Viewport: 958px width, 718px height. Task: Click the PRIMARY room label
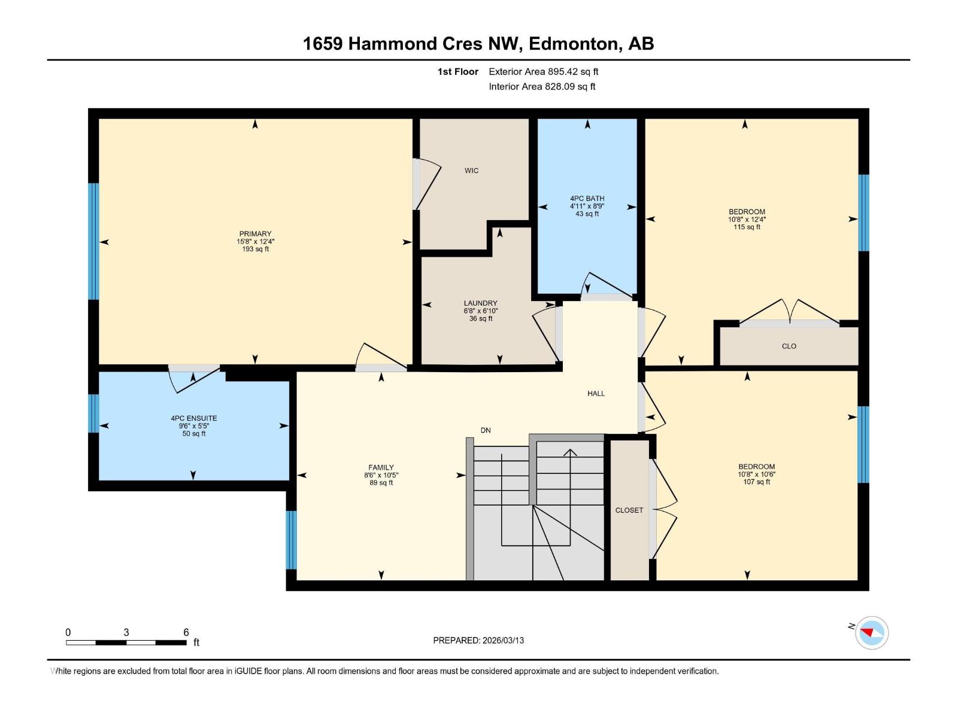pos(255,234)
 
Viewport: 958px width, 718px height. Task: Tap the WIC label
pos(471,171)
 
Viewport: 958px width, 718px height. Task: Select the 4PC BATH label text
pos(587,199)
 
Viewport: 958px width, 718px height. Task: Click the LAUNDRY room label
pos(480,303)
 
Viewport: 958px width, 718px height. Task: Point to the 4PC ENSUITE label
pos(193,418)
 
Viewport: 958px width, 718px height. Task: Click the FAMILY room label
pos(381,468)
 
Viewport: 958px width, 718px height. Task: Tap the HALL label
pos(596,394)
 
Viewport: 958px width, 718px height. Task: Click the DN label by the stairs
pos(486,430)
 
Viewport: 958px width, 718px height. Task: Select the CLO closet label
pos(789,346)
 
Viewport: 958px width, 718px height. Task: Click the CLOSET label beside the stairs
pos(629,510)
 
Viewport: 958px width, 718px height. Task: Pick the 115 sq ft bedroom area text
pos(747,227)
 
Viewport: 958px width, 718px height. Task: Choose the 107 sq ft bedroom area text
pos(756,482)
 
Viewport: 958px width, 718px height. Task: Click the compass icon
pos(871,632)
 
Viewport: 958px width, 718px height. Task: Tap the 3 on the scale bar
pos(126,632)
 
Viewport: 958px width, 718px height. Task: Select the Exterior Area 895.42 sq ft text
pos(543,72)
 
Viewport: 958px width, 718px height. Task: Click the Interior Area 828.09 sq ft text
pos(542,87)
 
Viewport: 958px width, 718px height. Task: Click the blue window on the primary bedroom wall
pos(93,241)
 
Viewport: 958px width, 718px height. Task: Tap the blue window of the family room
pos(291,540)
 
